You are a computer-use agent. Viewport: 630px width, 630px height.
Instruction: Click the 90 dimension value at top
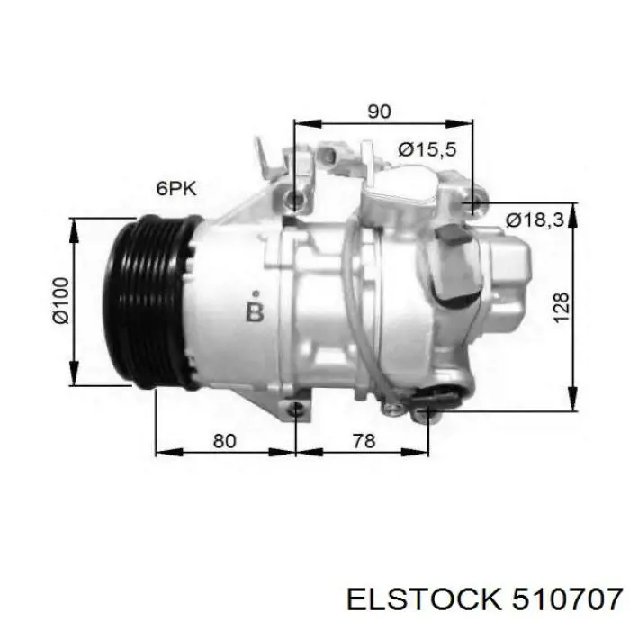point(379,112)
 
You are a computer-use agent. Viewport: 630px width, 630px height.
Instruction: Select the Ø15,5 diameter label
point(427,150)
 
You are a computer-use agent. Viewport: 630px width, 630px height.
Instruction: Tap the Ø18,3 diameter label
point(535,220)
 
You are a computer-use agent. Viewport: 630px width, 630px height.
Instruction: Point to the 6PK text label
point(176,188)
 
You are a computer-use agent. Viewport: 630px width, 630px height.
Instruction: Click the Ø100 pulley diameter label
point(61,301)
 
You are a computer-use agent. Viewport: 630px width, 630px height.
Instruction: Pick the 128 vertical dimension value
point(562,308)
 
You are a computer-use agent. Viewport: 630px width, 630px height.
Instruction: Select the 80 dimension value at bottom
point(224,441)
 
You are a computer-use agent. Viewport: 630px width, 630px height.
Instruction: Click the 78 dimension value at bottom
point(364,441)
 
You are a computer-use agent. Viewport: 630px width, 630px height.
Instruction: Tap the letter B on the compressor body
point(255,312)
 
